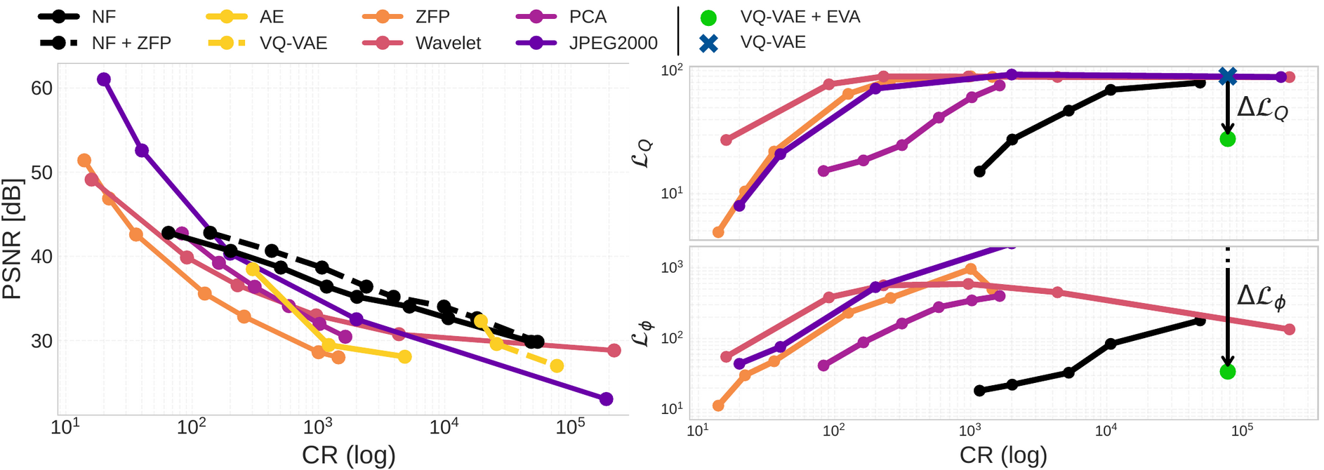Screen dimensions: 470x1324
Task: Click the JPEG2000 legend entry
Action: [x=612, y=43]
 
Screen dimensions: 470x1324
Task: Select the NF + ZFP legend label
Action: [x=131, y=43]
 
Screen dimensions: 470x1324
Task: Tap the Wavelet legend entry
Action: [x=448, y=43]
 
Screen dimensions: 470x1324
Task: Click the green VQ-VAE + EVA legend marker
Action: [x=709, y=17]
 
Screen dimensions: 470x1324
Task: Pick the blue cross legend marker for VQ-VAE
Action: [x=709, y=43]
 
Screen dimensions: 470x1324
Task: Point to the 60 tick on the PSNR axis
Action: [x=41, y=88]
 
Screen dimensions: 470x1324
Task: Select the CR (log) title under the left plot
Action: [x=348, y=455]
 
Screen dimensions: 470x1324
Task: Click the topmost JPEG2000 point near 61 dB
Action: [x=104, y=79]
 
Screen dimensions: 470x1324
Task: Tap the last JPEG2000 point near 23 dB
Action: [x=607, y=399]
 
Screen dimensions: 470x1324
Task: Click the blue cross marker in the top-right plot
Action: [x=1227, y=76]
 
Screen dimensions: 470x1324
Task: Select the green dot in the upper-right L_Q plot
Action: [x=1227, y=139]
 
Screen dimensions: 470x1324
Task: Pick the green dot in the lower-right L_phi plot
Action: [x=1227, y=372]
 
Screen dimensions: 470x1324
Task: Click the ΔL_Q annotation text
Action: [x=1262, y=109]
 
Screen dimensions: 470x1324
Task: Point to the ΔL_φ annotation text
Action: [x=1262, y=297]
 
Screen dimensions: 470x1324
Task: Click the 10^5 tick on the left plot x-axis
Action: [x=570, y=427]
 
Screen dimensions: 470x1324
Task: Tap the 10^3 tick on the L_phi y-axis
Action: [x=672, y=267]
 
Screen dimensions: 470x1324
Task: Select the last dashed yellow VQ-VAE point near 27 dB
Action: [x=557, y=366]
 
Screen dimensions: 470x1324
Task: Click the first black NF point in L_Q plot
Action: [x=980, y=171]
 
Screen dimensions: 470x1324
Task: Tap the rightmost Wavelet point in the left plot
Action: [x=614, y=350]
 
